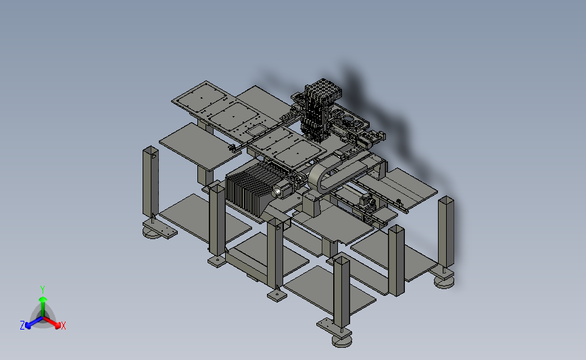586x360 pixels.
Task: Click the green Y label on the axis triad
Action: point(42,290)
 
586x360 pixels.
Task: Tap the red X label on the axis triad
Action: point(63,326)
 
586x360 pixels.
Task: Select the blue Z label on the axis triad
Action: point(22,326)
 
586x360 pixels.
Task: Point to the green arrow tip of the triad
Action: point(43,299)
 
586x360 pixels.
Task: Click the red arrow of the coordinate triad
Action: point(51,322)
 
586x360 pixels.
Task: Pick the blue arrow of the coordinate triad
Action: point(34,322)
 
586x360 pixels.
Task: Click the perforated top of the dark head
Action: point(323,88)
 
